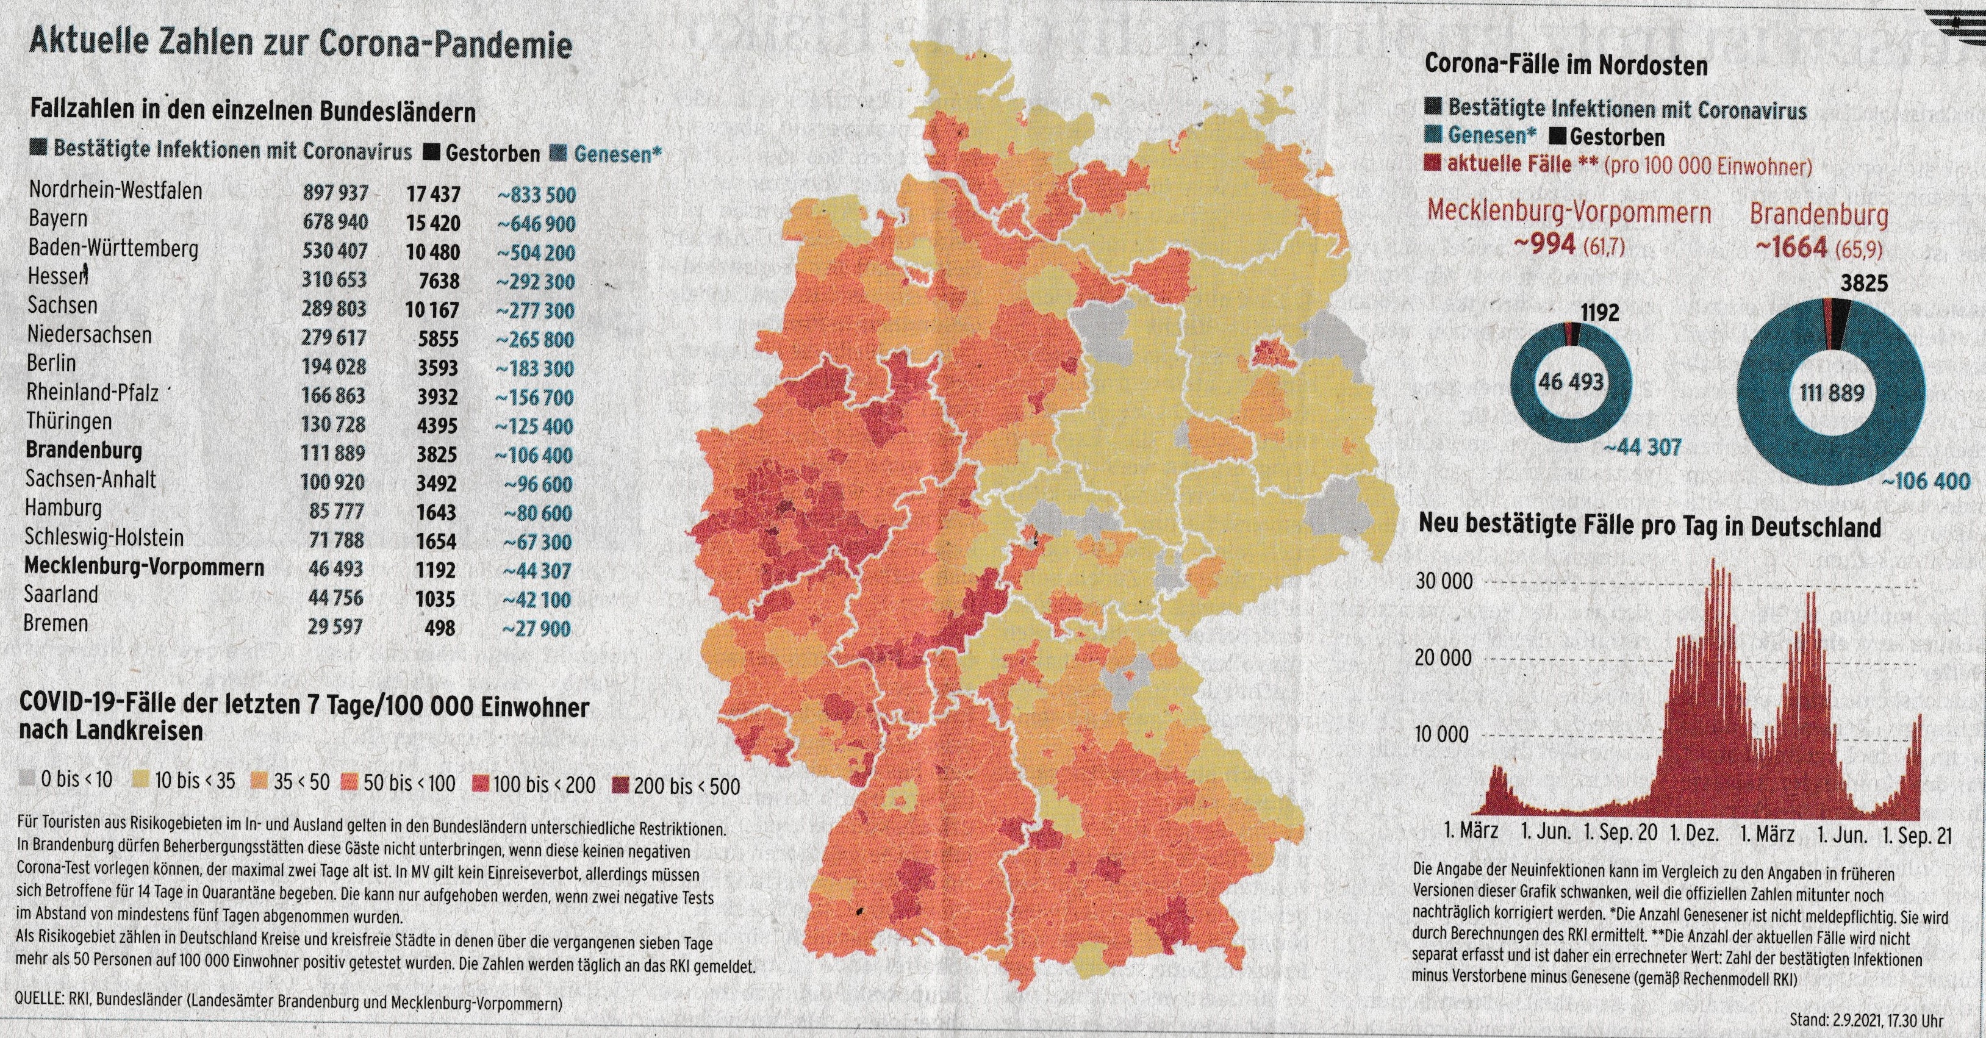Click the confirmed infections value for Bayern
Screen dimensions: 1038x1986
coord(335,223)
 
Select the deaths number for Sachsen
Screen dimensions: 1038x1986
coord(432,310)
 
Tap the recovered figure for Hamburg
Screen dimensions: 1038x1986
coord(537,514)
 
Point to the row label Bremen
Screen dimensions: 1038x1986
coord(56,623)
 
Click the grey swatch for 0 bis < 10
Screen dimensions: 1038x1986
coord(28,781)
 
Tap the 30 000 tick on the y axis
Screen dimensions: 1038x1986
coord(1443,582)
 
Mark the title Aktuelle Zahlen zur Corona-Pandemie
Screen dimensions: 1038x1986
coord(300,44)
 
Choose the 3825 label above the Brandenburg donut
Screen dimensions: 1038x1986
coord(1864,284)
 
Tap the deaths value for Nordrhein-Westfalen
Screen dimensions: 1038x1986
coord(433,194)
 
